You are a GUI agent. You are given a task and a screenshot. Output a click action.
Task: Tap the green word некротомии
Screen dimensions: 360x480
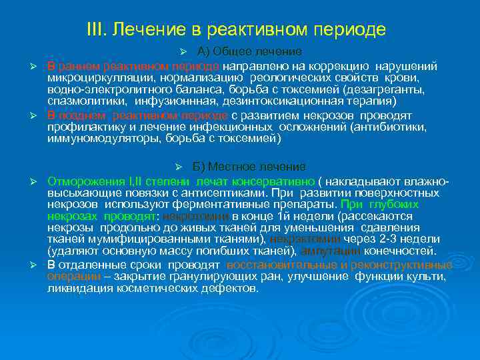(202, 216)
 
